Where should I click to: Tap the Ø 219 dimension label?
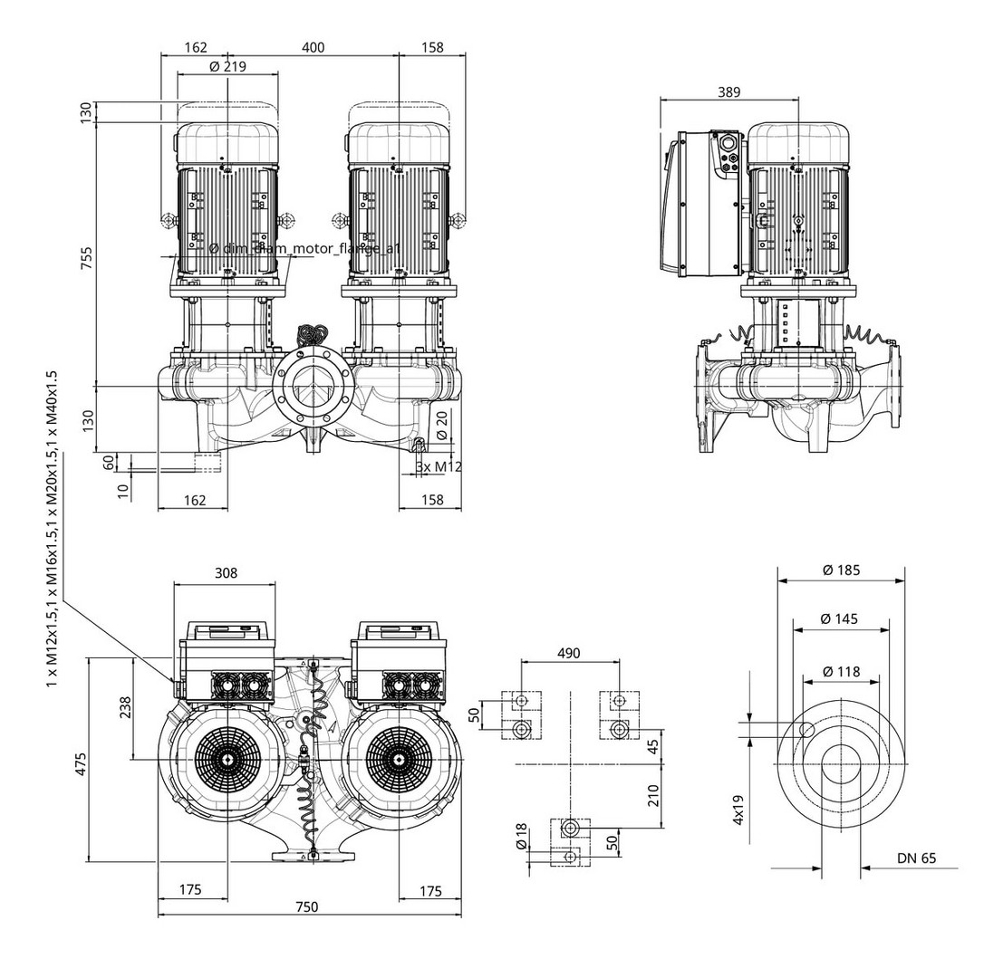227,67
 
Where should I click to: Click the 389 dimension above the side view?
728,91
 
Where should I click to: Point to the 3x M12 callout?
439,466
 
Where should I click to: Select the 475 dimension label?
81,763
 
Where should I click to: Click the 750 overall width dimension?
306,908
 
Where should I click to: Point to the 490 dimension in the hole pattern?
568,654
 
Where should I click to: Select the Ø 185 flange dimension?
841,570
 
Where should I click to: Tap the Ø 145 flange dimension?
841,618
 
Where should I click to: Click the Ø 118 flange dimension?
841,672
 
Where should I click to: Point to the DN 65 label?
916,858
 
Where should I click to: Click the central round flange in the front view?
311,387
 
